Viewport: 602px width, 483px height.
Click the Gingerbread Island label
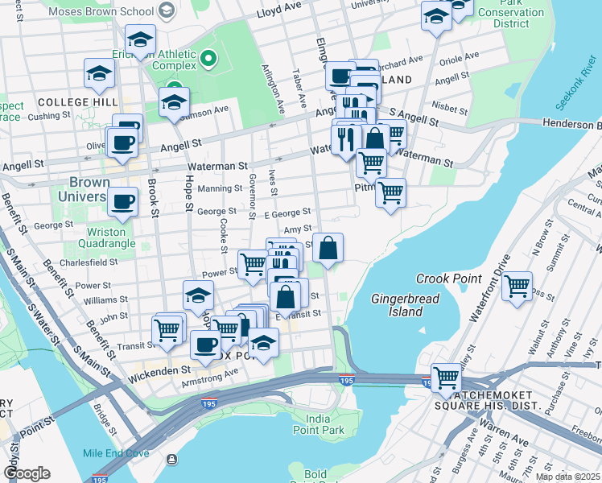click(398, 305)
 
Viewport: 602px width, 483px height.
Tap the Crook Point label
click(448, 279)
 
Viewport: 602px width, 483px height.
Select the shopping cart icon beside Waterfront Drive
click(517, 285)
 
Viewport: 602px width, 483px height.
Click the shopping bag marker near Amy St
click(328, 248)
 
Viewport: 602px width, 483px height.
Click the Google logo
click(26, 473)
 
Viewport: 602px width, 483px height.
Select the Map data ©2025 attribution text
click(567, 477)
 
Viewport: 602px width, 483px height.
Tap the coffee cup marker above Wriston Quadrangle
click(122, 201)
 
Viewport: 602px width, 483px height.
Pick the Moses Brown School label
click(101, 12)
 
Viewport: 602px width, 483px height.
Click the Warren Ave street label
click(505, 441)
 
